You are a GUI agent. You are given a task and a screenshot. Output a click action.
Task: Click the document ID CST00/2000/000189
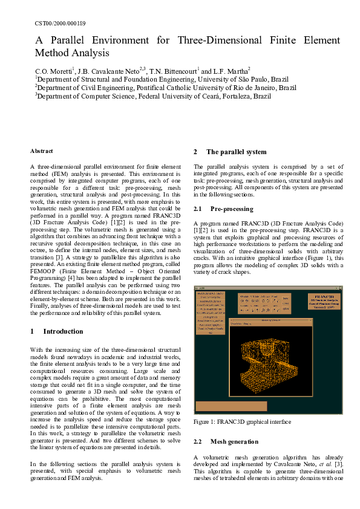tap(61, 23)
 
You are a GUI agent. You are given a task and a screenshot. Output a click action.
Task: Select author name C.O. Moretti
tap(54, 71)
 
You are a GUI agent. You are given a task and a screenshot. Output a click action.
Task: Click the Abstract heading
tap(42, 151)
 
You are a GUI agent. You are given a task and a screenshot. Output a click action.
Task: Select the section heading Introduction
tap(63, 331)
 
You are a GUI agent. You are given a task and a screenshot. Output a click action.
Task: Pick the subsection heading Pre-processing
tap(232, 209)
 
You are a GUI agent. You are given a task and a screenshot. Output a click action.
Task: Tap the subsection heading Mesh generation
tap(234, 442)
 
